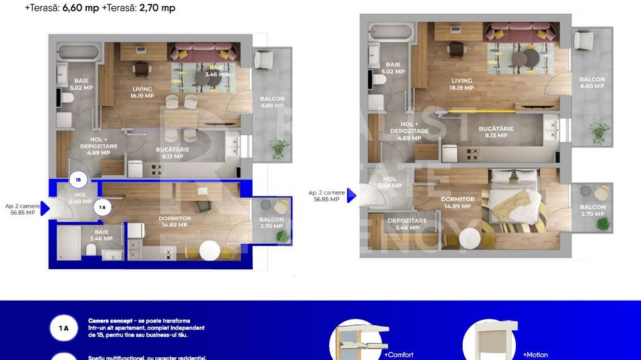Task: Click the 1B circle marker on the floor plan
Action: coord(78,180)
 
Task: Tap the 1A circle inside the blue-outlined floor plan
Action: coord(103,207)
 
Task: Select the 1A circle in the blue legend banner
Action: coord(64,329)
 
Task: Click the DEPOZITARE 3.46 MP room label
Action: coord(407,224)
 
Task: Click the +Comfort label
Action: coord(398,355)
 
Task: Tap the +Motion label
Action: coord(535,355)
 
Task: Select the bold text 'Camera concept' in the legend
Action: coord(108,320)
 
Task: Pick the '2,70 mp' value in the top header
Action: coord(156,8)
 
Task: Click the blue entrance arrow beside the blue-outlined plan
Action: coord(44,208)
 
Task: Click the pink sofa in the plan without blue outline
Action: coord(521,32)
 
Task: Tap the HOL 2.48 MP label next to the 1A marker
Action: coord(81,198)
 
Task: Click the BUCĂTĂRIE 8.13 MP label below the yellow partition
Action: coord(495,131)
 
